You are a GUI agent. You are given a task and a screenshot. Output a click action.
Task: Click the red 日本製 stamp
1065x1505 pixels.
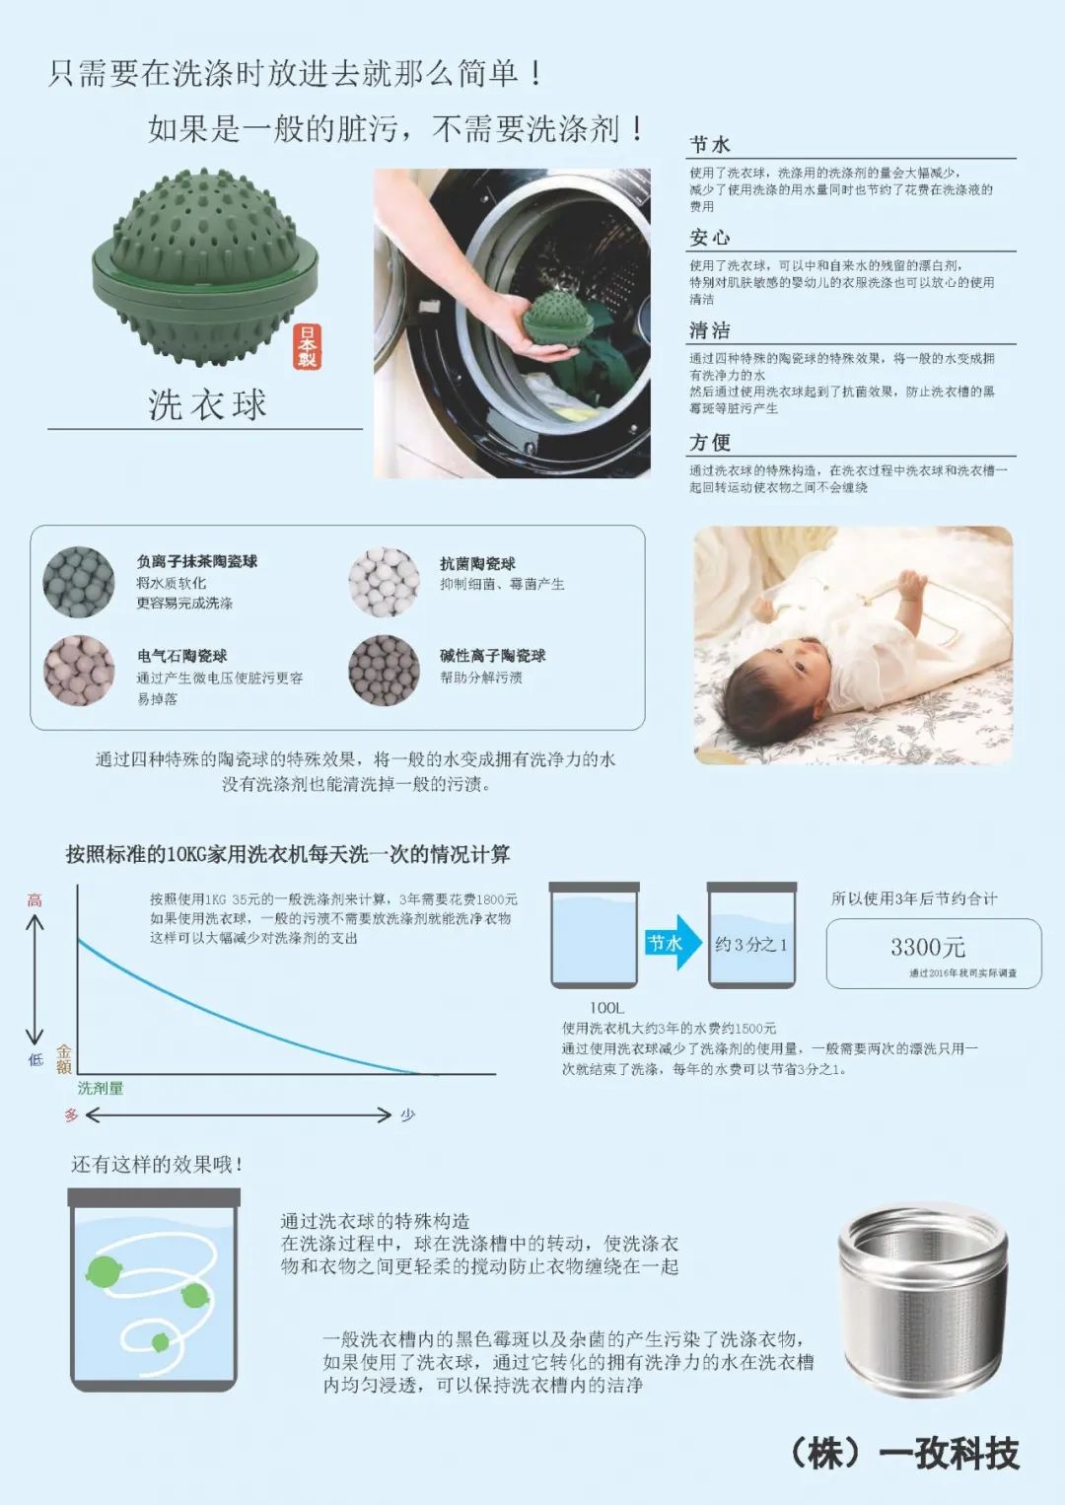coord(308,346)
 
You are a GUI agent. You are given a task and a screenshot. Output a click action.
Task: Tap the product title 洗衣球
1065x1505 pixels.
coord(207,404)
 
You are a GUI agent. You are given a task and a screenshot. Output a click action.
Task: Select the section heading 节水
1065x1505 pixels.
coord(710,145)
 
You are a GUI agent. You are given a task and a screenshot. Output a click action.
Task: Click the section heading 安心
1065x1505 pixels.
coord(710,238)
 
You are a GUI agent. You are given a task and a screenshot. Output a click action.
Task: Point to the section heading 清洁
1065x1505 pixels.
coord(710,330)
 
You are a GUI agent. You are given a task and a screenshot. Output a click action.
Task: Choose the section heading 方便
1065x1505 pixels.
coord(710,443)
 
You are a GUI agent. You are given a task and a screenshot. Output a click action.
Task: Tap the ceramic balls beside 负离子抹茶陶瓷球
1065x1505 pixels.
coord(79,582)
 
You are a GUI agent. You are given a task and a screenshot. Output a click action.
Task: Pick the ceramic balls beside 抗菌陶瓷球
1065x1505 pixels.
coord(384,582)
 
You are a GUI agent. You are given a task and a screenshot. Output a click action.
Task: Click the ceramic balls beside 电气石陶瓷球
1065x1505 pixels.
coord(79,671)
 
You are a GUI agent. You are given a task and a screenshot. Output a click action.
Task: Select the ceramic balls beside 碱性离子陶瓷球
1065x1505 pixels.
coord(384,671)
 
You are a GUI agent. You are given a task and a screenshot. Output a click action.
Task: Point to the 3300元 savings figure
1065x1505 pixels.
coord(927,948)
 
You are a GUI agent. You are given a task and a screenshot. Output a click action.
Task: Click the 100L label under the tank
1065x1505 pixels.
coord(606,1008)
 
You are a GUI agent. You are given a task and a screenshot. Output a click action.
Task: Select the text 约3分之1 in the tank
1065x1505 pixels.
coord(751,945)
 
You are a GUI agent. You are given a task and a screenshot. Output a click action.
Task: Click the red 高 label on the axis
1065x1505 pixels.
coord(35,900)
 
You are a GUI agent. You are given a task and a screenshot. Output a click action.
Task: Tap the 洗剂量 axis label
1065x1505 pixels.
coord(101,1088)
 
